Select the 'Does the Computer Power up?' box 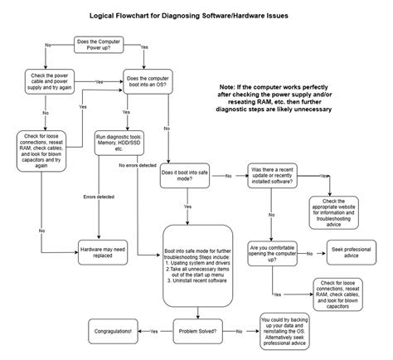(102, 45)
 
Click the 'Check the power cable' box (46, 82)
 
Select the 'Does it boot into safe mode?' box (190, 177)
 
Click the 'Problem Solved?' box (198, 331)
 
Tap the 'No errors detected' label (138, 165)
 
